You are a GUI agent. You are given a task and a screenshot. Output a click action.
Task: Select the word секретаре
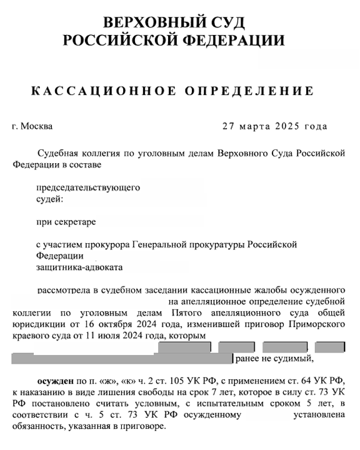pos(77,221)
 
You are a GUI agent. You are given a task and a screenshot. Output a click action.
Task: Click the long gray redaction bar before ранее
pos(121,359)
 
